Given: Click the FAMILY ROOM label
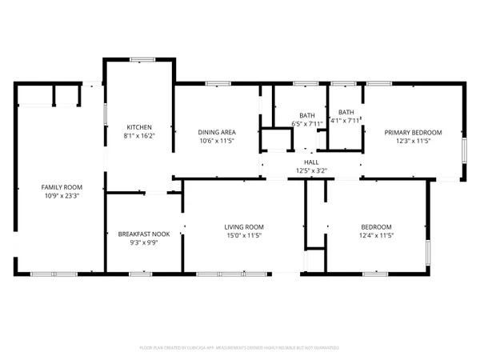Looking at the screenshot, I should [61, 186].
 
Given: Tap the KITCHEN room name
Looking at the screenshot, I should [139, 127].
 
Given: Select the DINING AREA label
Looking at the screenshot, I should [216, 132].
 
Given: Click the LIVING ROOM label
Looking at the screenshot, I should [243, 227].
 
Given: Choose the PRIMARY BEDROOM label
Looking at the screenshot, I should [413, 132].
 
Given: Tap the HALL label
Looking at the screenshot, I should [311, 162].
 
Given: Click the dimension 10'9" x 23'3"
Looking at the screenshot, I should [61, 195].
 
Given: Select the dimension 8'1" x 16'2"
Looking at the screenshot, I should [139, 136].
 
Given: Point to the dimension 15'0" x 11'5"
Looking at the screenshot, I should [243, 236].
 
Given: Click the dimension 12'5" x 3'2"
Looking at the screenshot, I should [311, 170].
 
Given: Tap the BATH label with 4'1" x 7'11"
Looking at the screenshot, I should [346, 112].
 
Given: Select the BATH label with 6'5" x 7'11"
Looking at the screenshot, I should [307, 115].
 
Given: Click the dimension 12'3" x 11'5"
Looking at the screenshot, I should [413, 141].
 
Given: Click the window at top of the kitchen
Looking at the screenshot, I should [142, 58].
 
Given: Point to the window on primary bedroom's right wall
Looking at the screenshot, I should [465, 150].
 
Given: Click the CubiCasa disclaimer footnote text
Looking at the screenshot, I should [240, 348].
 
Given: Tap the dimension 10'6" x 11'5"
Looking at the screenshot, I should [216, 141].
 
